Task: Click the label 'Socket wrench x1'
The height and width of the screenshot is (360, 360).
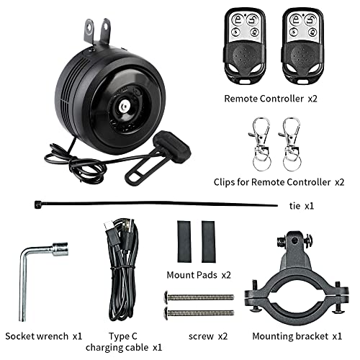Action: (x=44, y=336)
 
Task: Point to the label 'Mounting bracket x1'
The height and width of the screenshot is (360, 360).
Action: (x=297, y=336)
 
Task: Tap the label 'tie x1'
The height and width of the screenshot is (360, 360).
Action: (x=299, y=205)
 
